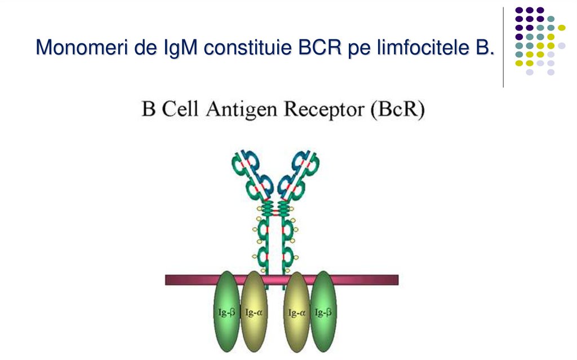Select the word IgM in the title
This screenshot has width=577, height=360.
point(177,47)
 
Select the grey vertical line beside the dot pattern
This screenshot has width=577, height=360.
point(503,47)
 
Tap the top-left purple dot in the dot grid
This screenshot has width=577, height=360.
point(518,10)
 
